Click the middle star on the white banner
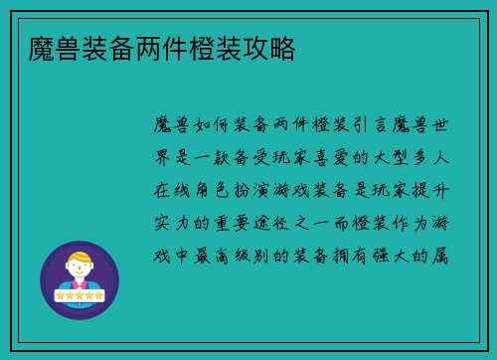[80, 294]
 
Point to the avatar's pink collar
[80, 284]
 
